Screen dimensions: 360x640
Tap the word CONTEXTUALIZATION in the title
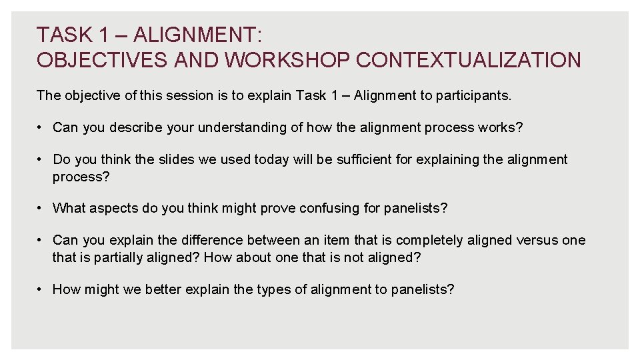(469, 60)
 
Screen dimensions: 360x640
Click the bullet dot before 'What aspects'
(41, 208)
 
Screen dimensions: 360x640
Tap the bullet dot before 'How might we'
(41, 289)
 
